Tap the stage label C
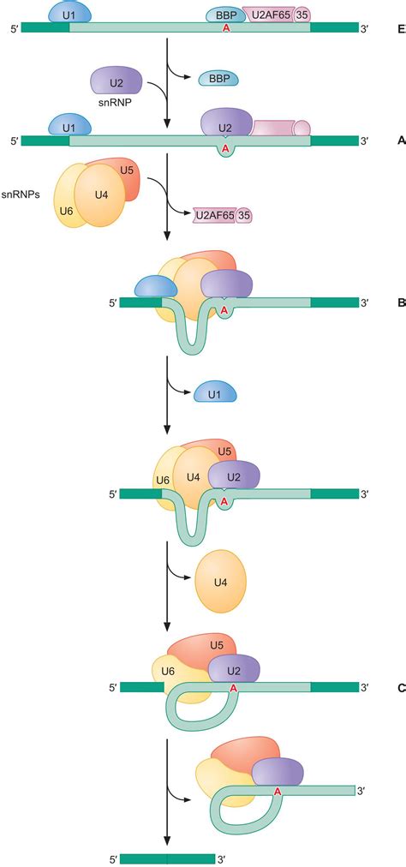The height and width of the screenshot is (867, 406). pyautogui.click(x=401, y=686)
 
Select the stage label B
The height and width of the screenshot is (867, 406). pyautogui.click(x=401, y=302)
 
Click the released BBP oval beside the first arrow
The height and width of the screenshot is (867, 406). pyautogui.click(x=218, y=80)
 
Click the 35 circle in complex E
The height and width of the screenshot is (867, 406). pyautogui.click(x=302, y=15)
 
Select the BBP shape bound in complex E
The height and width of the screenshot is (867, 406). pyautogui.click(x=225, y=15)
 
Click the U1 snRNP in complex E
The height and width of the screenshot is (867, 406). pyautogui.click(x=69, y=15)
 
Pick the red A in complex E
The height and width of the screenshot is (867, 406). pyautogui.click(x=226, y=28)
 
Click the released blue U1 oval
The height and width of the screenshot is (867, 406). pyautogui.click(x=215, y=394)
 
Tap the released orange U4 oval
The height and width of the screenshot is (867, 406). pyautogui.click(x=220, y=582)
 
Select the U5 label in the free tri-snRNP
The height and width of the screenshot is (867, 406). pyautogui.click(x=127, y=171)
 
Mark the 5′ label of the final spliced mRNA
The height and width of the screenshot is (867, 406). pyautogui.click(x=111, y=858)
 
